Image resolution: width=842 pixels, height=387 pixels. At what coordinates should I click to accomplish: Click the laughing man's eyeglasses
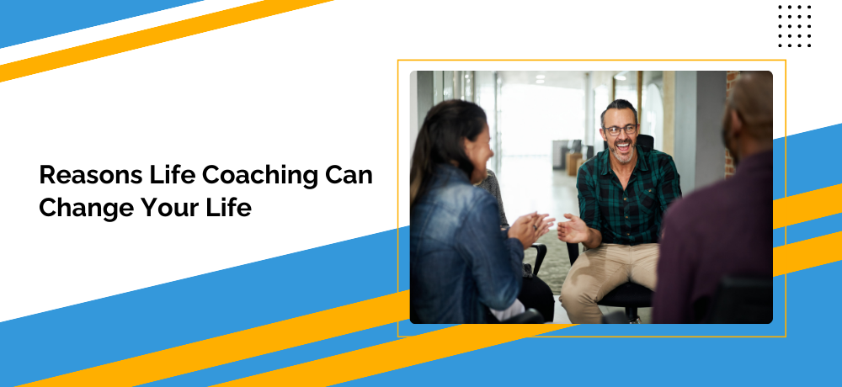tap(621, 130)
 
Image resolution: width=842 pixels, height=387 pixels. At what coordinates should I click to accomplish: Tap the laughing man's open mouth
tap(623, 145)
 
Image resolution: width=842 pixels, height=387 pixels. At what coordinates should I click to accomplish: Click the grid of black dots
tap(795, 26)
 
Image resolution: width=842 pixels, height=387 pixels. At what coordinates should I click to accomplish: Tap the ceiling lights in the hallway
tap(541, 78)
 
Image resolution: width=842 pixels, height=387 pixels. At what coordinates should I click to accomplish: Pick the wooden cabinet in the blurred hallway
tap(573, 163)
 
